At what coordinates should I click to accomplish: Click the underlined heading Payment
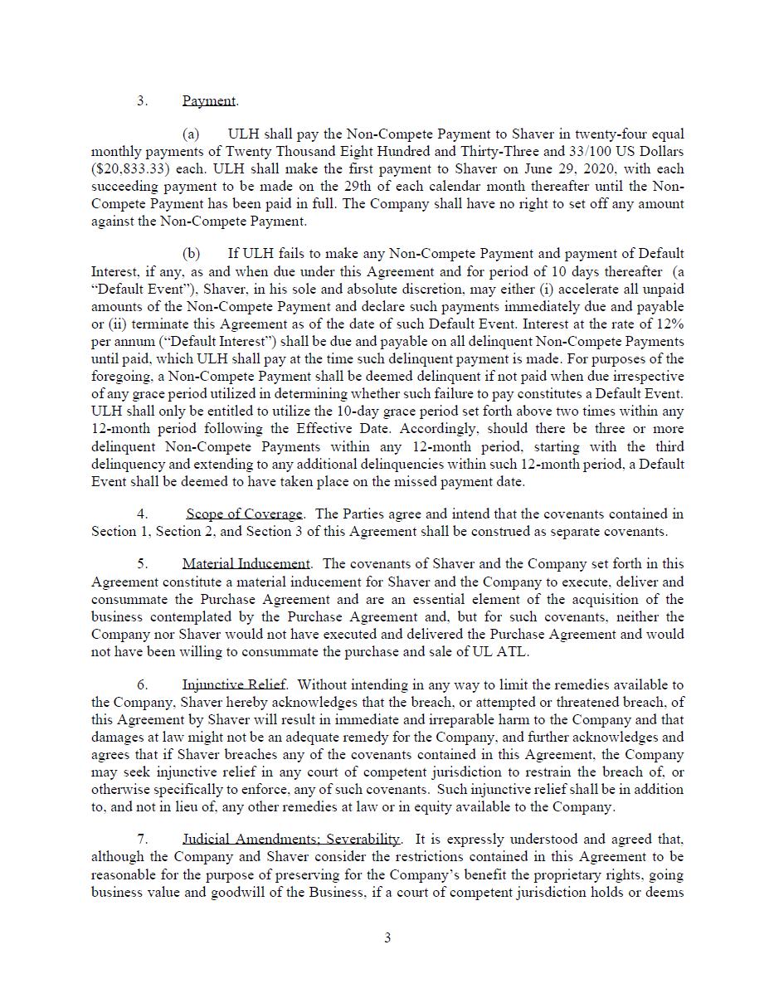pyautogui.click(x=209, y=101)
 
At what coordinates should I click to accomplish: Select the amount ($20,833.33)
pyautogui.click(x=129, y=169)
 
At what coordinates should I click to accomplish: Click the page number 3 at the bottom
pyautogui.click(x=387, y=938)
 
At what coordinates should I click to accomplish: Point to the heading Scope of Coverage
pyautogui.click(x=245, y=514)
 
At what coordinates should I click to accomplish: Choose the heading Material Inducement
pyautogui.click(x=246, y=564)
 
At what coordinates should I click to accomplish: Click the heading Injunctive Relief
pyautogui.click(x=234, y=685)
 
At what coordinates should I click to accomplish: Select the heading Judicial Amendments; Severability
pyautogui.click(x=291, y=840)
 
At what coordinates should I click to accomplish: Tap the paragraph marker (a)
pyautogui.click(x=191, y=134)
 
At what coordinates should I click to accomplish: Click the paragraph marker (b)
pyautogui.click(x=191, y=254)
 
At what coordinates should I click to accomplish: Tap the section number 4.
pyautogui.click(x=143, y=514)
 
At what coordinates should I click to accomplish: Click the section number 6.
pyautogui.click(x=143, y=685)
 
